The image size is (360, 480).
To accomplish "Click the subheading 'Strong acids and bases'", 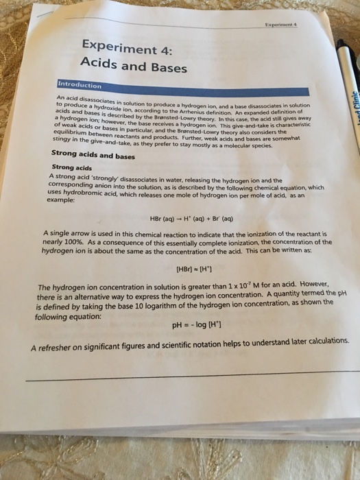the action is (x=93, y=155).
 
